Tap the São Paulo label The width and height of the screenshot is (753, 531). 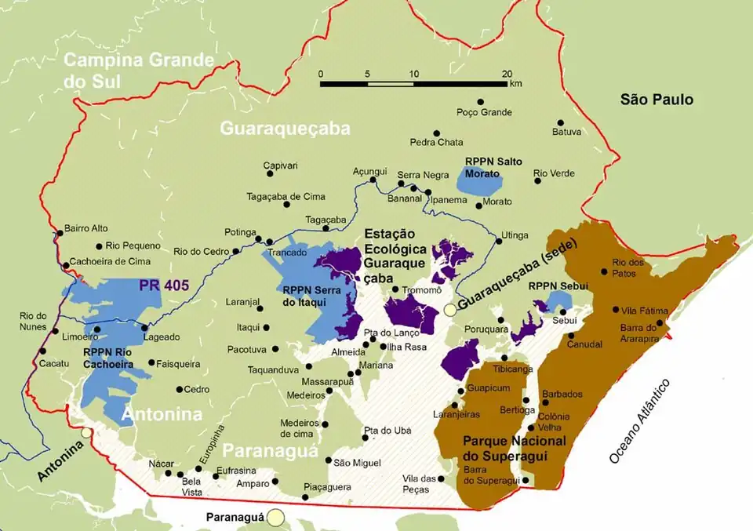[x=657, y=100]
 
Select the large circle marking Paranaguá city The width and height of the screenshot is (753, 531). [x=275, y=517]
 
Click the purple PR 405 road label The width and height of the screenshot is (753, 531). [x=164, y=286]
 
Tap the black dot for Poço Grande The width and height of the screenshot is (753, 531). [x=481, y=102]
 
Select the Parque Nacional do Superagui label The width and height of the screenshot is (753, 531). [x=515, y=448]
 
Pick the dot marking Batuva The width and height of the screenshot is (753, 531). [x=560, y=122]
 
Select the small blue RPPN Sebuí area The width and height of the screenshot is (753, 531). [x=557, y=301]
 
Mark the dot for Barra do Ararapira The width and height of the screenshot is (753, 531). [x=660, y=322]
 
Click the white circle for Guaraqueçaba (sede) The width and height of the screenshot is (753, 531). [x=450, y=310]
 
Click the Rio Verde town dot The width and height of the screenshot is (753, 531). [x=538, y=181]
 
